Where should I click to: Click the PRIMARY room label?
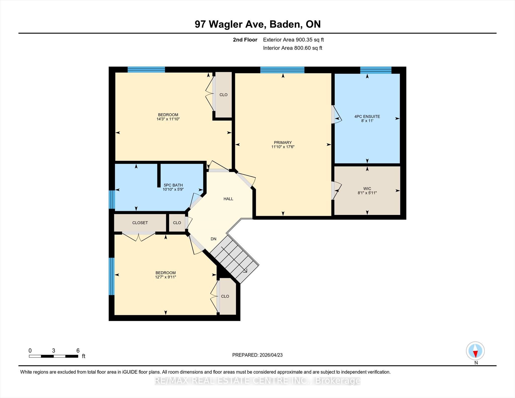(x=283, y=143)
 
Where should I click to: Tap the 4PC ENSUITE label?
(x=367, y=116)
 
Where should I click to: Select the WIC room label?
(x=367, y=189)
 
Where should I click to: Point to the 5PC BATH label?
(x=173, y=185)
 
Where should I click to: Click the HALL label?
(x=228, y=199)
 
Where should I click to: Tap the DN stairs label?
(x=213, y=239)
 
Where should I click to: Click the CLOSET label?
(x=140, y=223)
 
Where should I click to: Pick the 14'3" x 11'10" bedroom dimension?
(x=168, y=119)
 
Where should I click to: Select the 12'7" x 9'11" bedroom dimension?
(x=165, y=277)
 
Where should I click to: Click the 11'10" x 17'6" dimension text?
(x=283, y=147)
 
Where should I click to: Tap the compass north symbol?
(x=475, y=351)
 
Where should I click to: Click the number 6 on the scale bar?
(x=78, y=350)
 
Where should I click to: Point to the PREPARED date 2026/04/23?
(x=271, y=355)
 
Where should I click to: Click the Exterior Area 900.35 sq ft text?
(x=293, y=40)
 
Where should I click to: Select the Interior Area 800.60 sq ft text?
(x=293, y=48)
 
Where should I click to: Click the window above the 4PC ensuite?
(x=376, y=70)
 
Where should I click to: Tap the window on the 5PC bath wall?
(x=112, y=199)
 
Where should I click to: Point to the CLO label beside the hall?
(x=177, y=223)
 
